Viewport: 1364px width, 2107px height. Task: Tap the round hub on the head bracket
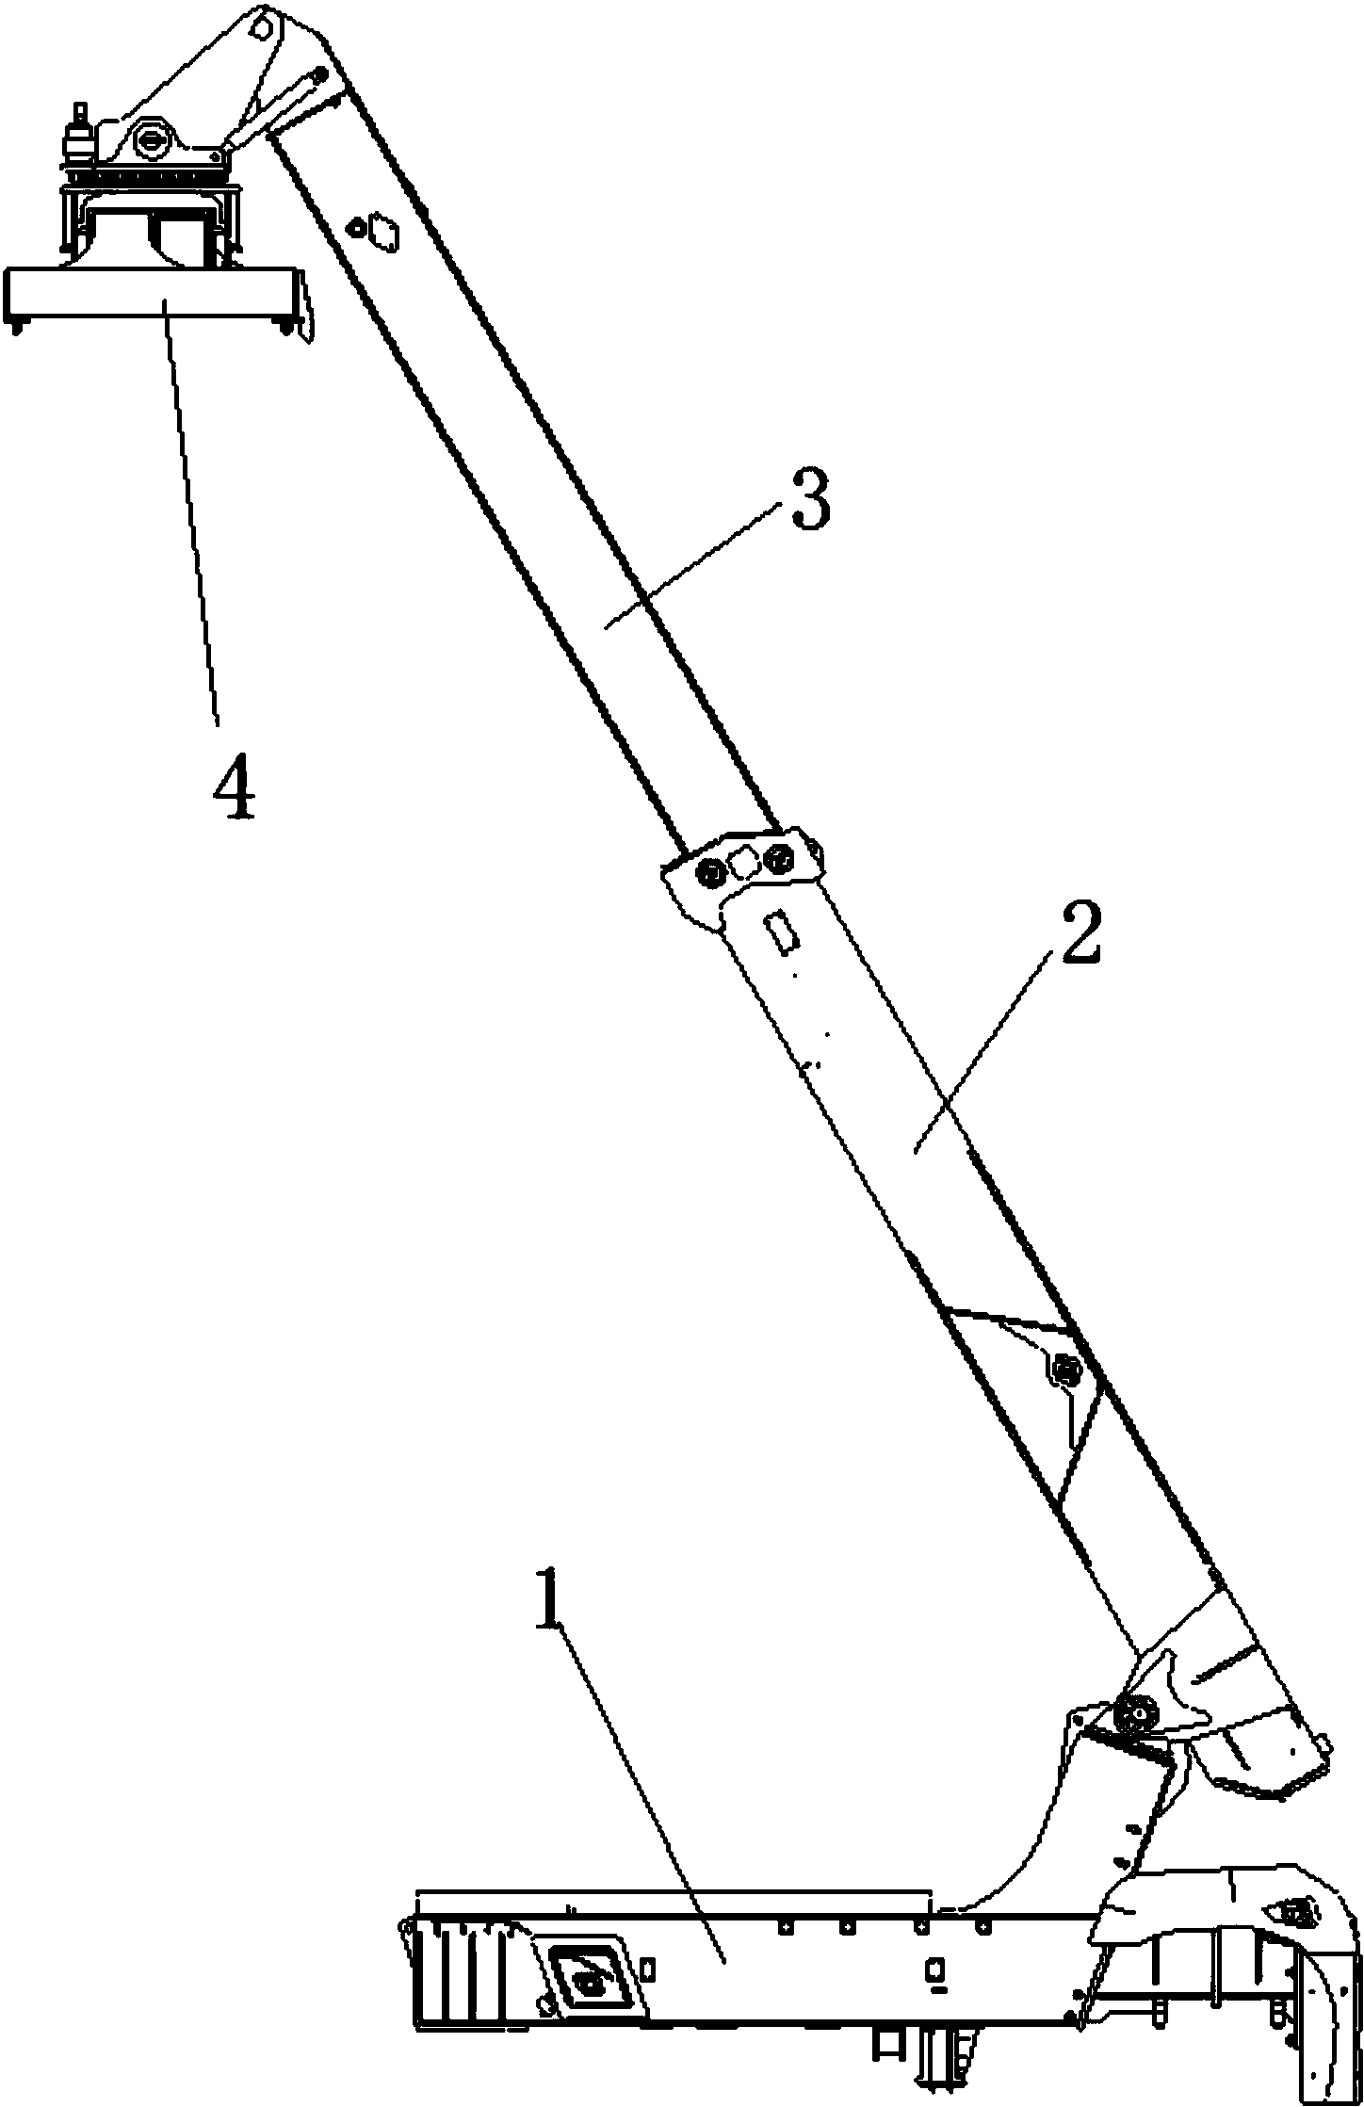point(151,140)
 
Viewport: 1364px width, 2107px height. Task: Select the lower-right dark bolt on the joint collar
point(778,857)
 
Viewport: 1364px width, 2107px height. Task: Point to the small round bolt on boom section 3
point(356,227)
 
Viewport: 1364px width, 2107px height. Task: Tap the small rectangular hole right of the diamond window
point(648,1961)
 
